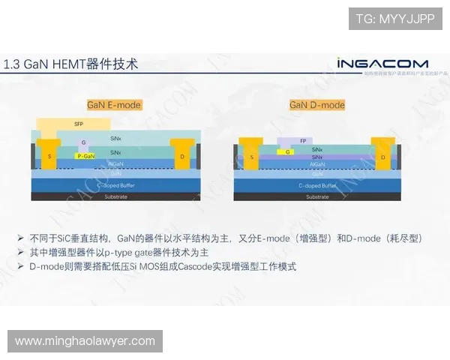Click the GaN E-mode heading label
[x=114, y=105]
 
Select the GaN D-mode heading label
[x=317, y=105]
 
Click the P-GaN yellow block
[x=86, y=156]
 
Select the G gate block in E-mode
[x=83, y=142]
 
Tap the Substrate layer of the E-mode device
[x=115, y=197]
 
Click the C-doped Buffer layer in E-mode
[x=115, y=184]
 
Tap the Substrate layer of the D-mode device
[x=317, y=197]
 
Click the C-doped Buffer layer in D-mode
[x=317, y=185]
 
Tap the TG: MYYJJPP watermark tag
[x=394, y=19]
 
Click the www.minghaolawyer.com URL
[x=85, y=341]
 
